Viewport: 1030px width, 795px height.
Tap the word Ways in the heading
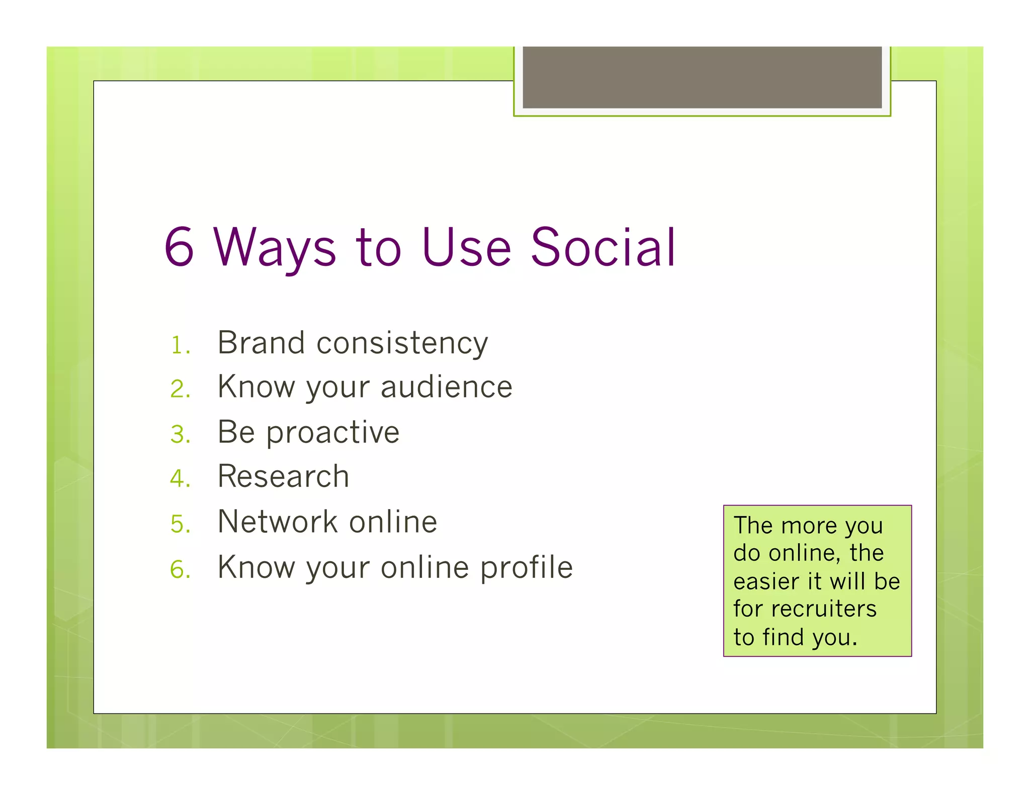coord(275,249)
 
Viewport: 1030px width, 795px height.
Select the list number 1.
coord(179,346)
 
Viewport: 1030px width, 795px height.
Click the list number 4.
coord(180,478)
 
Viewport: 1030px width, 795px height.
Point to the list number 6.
coord(180,569)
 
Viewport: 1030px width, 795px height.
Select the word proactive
coord(332,433)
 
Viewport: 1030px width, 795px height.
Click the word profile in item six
coord(526,568)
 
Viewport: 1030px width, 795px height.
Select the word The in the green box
coord(753,525)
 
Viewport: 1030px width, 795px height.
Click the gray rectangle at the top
coord(702,77)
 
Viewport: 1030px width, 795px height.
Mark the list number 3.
coord(180,434)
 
